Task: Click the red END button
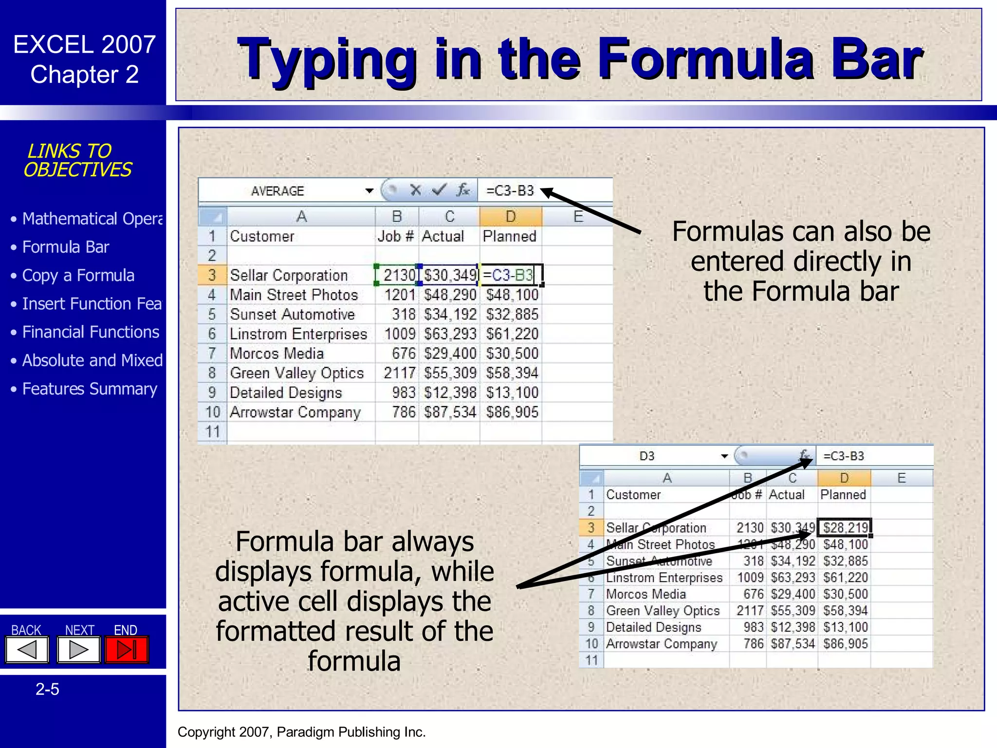(x=127, y=650)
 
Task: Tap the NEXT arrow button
(x=78, y=650)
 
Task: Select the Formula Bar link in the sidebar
(x=66, y=247)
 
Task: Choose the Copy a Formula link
(x=78, y=275)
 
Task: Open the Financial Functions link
(x=91, y=332)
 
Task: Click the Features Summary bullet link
(x=90, y=389)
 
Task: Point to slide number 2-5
(x=47, y=689)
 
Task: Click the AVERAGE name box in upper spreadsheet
(x=277, y=191)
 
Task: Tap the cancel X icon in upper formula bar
(x=415, y=190)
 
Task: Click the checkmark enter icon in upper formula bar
(x=439, y=190)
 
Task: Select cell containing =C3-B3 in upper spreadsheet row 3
(x=510, y=275)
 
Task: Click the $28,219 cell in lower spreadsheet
(x=845, y=527)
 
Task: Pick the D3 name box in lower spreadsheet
(x=646, y=456)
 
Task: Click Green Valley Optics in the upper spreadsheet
(x=296, y=373)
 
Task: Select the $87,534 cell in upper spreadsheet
(x=449, y=412)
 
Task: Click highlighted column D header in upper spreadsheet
(x=510, y=216)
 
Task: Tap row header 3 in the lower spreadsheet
(x=591, y=527)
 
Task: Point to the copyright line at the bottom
(x=301, y=732)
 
